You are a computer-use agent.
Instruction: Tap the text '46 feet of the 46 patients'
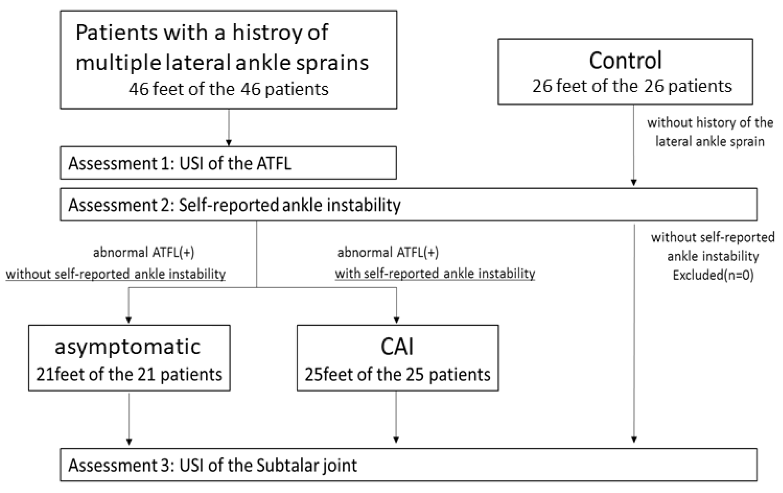(x=229, y=89)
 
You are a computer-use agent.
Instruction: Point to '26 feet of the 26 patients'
(x=631, y=86)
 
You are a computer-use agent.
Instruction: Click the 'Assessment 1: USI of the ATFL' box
(x=228, y=163)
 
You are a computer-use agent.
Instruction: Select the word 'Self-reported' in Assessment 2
(x=229, y=205)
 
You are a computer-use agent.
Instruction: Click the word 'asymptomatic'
(x=128, y=347)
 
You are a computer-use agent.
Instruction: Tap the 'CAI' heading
(x=397, y=347)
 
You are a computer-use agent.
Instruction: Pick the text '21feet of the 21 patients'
(x=129, y=374)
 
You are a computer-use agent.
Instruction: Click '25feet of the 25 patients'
(x=397, y=374)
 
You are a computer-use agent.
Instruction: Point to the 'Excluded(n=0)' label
(x=713, y=275)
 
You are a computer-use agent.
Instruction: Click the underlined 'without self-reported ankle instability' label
(x=115, y=274)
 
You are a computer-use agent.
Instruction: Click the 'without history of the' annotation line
(x=710, y=123)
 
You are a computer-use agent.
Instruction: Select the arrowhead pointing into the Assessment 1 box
(x=229, y=143)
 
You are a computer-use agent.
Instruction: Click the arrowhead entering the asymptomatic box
(x=129, y=320)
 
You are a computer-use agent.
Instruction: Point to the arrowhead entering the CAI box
(x=396, y=320)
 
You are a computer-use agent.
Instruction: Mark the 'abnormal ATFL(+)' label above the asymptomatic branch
(x=144, y=253)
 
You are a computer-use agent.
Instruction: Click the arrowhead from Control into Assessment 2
(x=633, y=182)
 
